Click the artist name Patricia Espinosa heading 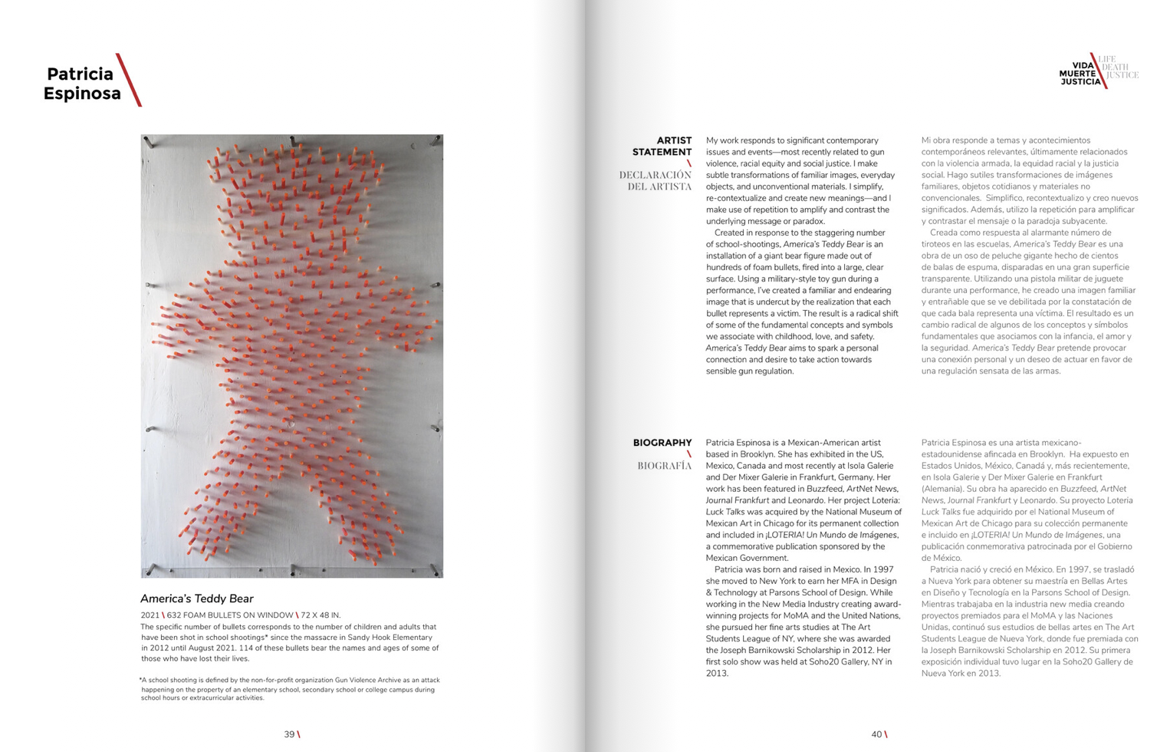point(82,84)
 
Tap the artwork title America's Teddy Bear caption point(196,599)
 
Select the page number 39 point(289,734)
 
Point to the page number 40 point(876,734)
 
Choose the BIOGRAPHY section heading point(662,443)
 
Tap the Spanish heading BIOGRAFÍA point(664,466)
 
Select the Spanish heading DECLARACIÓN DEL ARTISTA point(656,180)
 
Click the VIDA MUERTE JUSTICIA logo point(1080,74)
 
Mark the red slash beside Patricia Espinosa point(129,80)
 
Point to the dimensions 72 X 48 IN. point(320,615)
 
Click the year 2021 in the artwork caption point(150,615)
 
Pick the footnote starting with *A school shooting point(290,688)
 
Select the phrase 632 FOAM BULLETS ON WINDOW point(230,615)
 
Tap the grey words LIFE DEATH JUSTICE point(1119,68)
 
